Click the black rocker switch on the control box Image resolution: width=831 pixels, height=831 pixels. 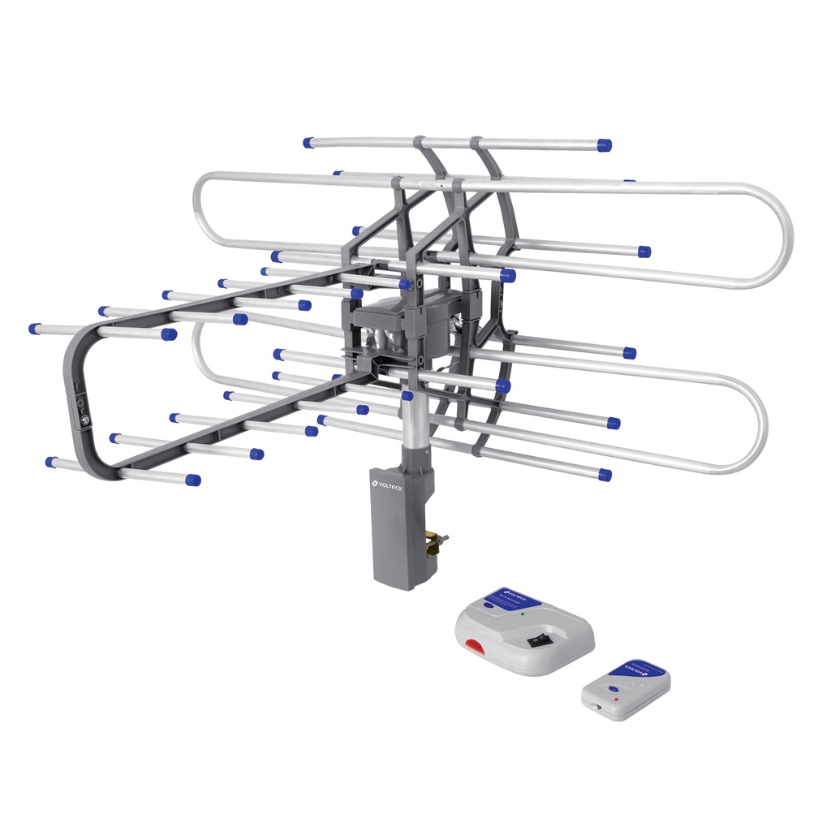pyautogui.click(x=536, y=640)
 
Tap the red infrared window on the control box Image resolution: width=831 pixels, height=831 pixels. pyautogui.click(x=473, y=648)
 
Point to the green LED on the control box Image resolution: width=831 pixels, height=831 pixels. pyautogui.click(x=523, y=614)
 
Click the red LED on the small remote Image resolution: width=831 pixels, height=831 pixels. pyautogui.click(x=617, y=697)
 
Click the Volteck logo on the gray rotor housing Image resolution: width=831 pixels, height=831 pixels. pyautogui.click(x=386, y=485)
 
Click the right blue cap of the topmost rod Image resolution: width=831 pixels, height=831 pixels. pyautogui.click(x=604, y=145)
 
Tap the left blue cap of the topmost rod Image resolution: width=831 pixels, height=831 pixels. pyautogui.click(x=308, y=143)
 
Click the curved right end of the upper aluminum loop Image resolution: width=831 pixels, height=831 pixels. pyautogui.click(x=782, y=235)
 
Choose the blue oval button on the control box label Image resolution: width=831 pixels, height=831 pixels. pyautogui.click(x=492, y=605)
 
